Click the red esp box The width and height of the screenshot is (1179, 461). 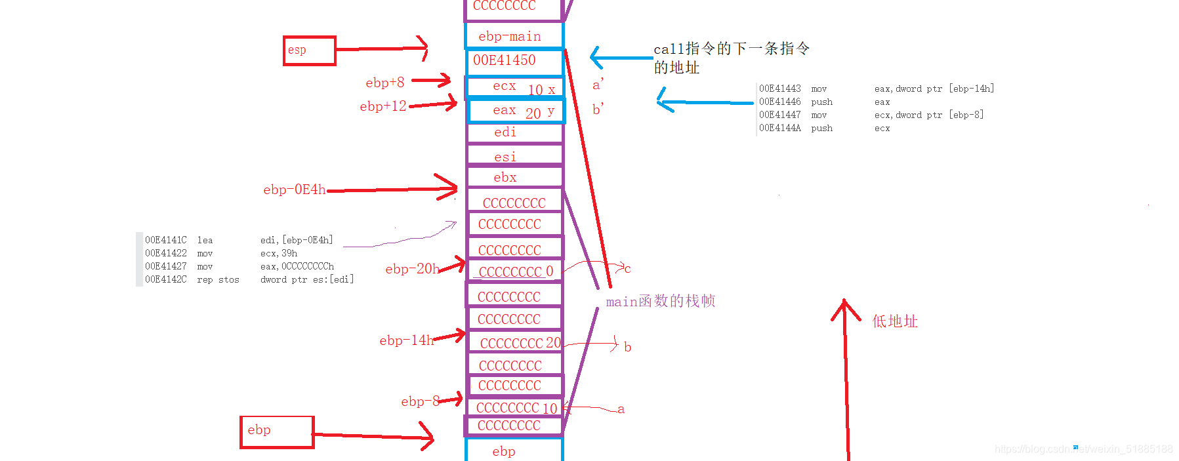309,50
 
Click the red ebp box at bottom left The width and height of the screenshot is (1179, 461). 276,432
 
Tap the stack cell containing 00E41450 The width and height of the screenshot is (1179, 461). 514,61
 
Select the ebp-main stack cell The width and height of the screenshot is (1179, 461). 514,36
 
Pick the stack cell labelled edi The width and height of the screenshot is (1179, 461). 514,132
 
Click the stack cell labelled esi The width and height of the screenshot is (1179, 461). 514,157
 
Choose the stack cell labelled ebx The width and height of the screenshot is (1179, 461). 514,177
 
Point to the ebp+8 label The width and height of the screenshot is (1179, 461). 385,83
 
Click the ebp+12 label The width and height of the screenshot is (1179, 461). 383,106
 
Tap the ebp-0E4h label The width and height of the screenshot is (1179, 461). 295,190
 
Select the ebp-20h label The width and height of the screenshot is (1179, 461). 412,269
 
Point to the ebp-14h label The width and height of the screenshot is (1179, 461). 407,340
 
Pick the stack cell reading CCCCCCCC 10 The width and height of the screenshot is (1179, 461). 515,408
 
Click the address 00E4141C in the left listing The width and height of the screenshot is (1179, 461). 166,240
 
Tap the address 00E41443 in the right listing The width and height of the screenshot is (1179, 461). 780,89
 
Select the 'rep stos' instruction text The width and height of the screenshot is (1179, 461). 218,279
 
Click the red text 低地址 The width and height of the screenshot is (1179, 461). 895,321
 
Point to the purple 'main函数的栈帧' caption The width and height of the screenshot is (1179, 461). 660,301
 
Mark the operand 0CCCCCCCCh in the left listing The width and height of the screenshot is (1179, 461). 297,266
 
